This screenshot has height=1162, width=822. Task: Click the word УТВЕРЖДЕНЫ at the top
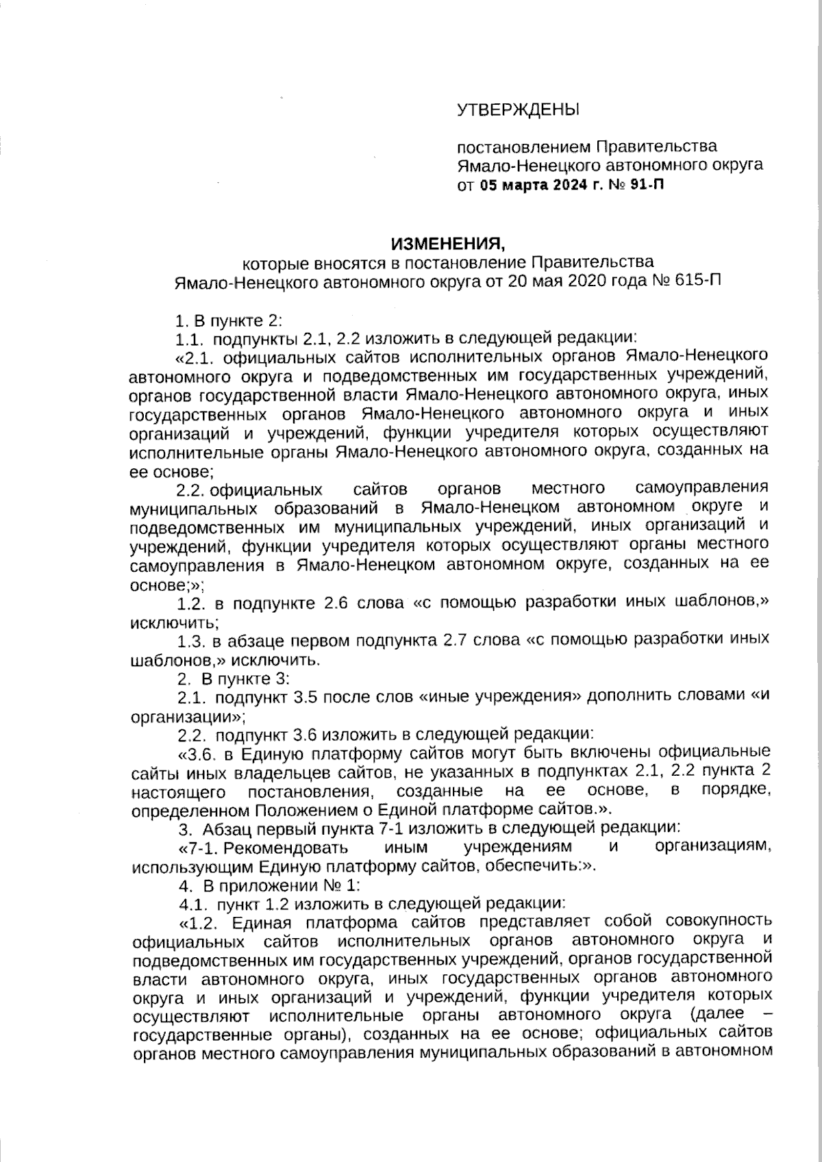(x=518, y=109)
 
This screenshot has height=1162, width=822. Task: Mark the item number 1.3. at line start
(x=190, y=641)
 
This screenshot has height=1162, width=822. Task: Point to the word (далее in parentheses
(x=714, y=1014)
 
